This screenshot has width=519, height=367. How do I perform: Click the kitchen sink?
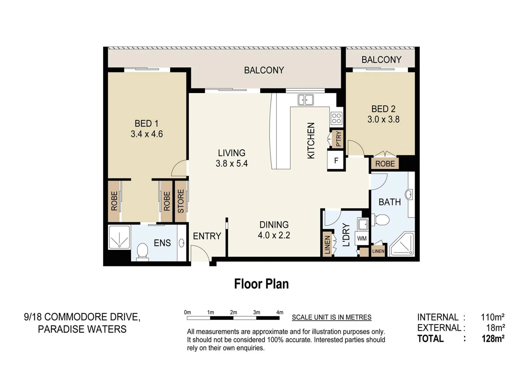[306, 100]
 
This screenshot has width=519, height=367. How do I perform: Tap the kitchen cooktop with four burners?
[336, 119]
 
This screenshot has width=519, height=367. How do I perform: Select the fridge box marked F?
[336, 160]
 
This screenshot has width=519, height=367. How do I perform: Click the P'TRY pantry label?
[339, 139]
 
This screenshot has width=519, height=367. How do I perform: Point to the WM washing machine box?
[362, 239]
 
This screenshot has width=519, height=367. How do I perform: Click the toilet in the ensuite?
[142, 252]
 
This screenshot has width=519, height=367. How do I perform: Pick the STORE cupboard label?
[181, 201]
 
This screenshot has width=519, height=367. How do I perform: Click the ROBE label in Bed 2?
[385, 164]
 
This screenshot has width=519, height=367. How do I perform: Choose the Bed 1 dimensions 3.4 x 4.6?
[146, 134]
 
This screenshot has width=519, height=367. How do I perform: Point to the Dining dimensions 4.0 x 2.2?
[274, 235]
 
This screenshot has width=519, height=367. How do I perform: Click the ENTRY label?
[207, 236]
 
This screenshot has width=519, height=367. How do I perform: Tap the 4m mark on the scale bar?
[279, 312]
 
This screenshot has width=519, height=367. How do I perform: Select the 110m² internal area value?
[492, 317]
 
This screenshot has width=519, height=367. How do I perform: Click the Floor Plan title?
[261, 284]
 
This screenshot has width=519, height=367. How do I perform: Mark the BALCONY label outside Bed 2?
[381, 60]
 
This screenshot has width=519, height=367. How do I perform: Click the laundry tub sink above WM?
[363, 224]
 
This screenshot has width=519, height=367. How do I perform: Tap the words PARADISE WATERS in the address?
[82, 329]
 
